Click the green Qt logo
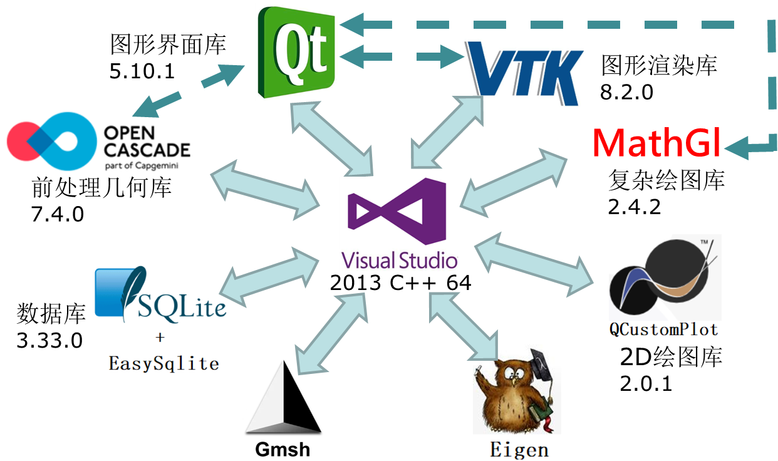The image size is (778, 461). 297,51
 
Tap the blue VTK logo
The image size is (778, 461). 523,72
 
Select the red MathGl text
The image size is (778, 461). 656,143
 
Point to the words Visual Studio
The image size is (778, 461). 398,259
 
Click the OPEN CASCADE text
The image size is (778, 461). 147,141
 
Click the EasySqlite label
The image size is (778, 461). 163,363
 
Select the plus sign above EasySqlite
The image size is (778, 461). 160,338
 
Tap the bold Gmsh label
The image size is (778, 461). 283,449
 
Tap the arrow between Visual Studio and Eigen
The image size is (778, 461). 463,326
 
